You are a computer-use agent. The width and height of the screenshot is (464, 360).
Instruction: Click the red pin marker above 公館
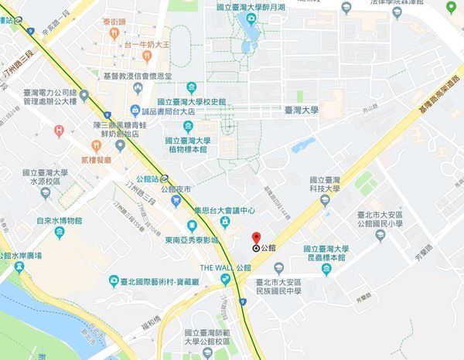(256, 238)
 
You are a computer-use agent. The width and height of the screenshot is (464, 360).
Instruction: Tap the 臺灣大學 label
(301, 110)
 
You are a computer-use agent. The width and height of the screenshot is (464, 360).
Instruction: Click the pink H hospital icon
(60, 131)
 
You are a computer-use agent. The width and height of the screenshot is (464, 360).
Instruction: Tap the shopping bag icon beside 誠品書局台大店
(136, 110)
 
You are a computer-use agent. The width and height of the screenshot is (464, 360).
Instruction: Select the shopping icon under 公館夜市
(178, 201)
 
